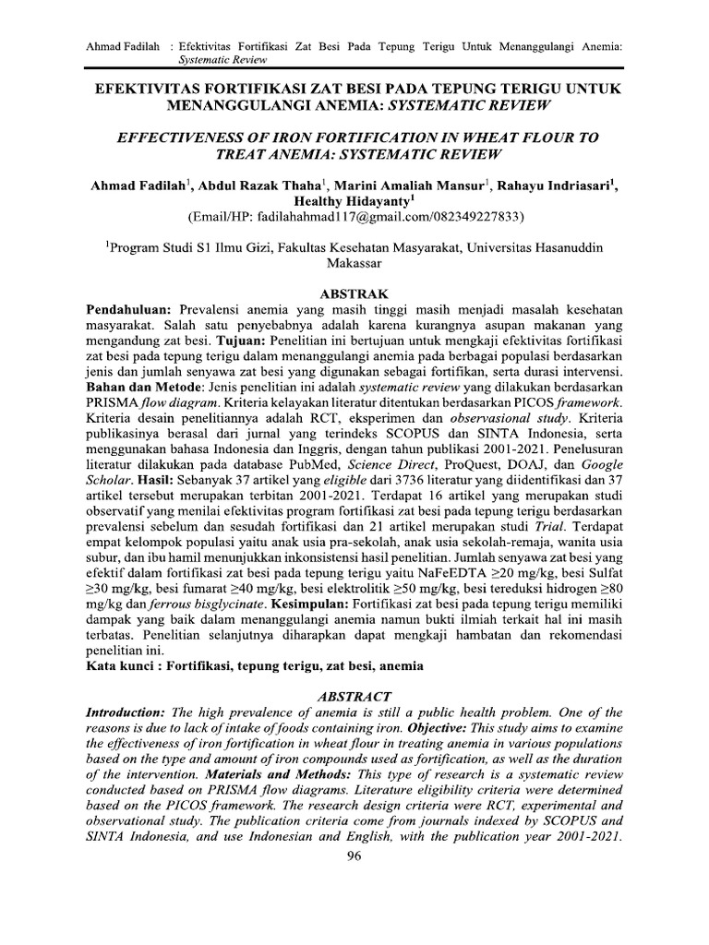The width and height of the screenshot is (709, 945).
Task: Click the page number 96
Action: coord(354,855)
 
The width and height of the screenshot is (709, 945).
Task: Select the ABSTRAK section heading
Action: coord(354,292)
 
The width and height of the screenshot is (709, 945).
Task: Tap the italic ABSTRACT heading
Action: coord(354,696)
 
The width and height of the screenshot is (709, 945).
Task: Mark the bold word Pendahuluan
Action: coord(128,306)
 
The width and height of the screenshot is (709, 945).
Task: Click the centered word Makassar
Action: coord(354,262)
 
